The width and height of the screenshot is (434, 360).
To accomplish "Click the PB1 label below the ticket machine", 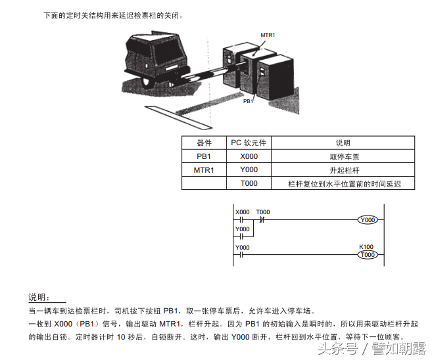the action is click(248, 102).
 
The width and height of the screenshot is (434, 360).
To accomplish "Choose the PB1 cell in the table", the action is click(204, 157).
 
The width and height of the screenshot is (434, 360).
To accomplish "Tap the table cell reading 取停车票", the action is click(343, 157).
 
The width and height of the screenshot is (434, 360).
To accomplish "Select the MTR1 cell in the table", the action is click(204, 170).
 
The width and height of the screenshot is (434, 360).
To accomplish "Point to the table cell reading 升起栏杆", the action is click(343, 170).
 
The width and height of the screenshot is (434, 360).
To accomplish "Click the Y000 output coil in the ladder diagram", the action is click(368, 220).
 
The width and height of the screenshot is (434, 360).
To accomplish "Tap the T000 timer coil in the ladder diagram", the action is click(368, 254).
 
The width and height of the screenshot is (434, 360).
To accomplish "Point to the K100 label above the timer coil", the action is click(366, 247).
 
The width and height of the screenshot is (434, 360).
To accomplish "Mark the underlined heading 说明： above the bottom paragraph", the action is click(39, 298).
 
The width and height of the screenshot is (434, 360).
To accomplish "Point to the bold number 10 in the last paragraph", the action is click(121, 336).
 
